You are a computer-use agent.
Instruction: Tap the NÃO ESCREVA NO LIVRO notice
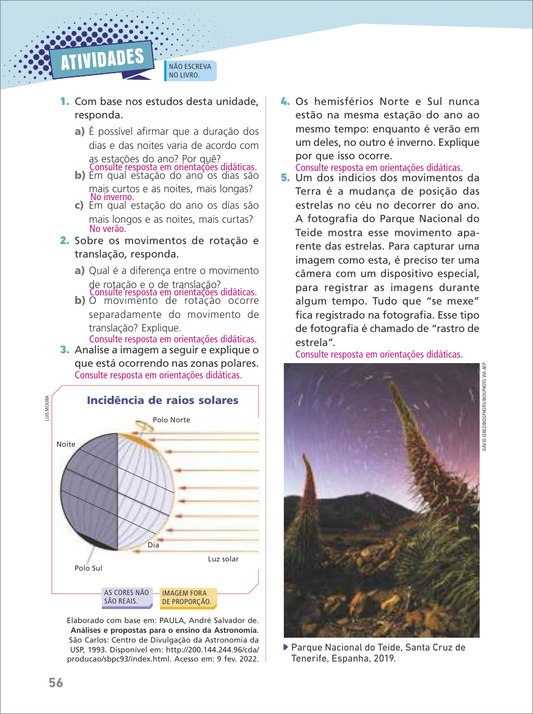coord(190,71)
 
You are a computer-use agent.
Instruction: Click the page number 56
coord(56,683)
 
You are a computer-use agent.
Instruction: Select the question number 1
coord(64,101)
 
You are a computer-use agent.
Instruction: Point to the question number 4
coord(285,101)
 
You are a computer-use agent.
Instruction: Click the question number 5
coord(285,178)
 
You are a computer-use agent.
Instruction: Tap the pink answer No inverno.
coord(112,197)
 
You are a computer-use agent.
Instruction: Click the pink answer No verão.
coord(107,229)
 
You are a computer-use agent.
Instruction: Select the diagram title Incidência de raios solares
coord(162,400)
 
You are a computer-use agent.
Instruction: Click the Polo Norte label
coord(171,420)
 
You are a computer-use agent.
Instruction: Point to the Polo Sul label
coord(88,568)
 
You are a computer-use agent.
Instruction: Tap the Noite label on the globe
coord(65,444)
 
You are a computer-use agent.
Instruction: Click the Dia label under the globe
coord(153,545)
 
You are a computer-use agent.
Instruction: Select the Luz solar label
coord(223,559)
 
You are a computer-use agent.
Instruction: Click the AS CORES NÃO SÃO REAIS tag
coord(126,597)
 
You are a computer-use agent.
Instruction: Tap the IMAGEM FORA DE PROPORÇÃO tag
coord(187,597)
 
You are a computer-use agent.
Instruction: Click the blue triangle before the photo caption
coord(286,647)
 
